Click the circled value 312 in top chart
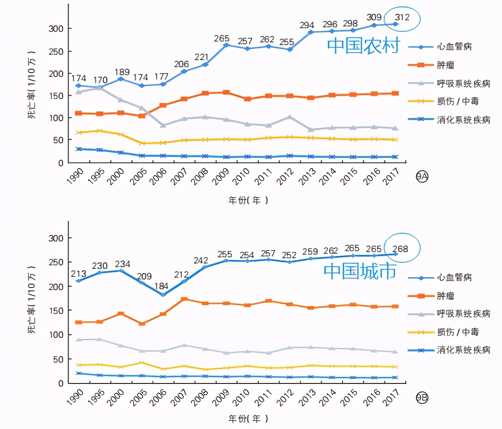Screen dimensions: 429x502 click(x=403, y=18)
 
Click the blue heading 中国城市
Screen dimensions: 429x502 click(x=360, y=271)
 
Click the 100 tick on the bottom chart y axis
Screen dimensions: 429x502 click(x=57, y=335)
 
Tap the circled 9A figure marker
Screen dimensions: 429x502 click(x=422, y=177)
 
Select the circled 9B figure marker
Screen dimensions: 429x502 click(x=422, y=398)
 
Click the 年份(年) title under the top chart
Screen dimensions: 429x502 click(x=248, y=200)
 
